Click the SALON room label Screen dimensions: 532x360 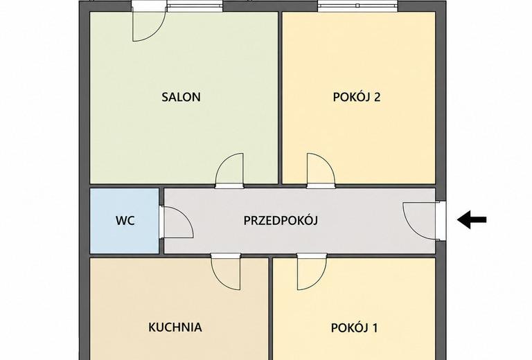coord(181,98)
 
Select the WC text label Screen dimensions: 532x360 coord(125,221)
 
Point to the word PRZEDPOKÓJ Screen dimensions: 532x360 coord(281,220)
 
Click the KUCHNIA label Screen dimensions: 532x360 coord(175,327)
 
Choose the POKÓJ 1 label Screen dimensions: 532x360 coord(354,327)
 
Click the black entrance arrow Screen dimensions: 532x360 coord(472,219)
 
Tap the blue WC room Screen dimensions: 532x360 coord(125,221)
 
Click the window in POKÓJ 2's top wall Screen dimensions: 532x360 coord(357,6)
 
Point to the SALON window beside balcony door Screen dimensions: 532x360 coord(195,6)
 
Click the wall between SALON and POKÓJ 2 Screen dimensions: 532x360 coord(281,98)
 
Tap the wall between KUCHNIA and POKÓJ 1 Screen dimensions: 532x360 coord(271,309)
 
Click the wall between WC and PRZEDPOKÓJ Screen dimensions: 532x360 coord(161,221)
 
